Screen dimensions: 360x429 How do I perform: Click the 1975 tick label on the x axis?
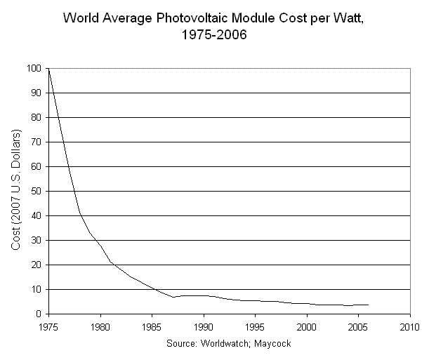48,326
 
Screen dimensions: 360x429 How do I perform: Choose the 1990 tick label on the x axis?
204,326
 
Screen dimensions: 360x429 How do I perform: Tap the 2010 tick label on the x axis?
410,326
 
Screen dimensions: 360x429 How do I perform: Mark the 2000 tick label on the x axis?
307,326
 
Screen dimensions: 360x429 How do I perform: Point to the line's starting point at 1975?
48,69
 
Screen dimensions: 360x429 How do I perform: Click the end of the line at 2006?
369,305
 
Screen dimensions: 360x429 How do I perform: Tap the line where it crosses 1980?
100,244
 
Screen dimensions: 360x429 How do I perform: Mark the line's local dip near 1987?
173,297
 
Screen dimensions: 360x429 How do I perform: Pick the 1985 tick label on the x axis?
152,326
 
